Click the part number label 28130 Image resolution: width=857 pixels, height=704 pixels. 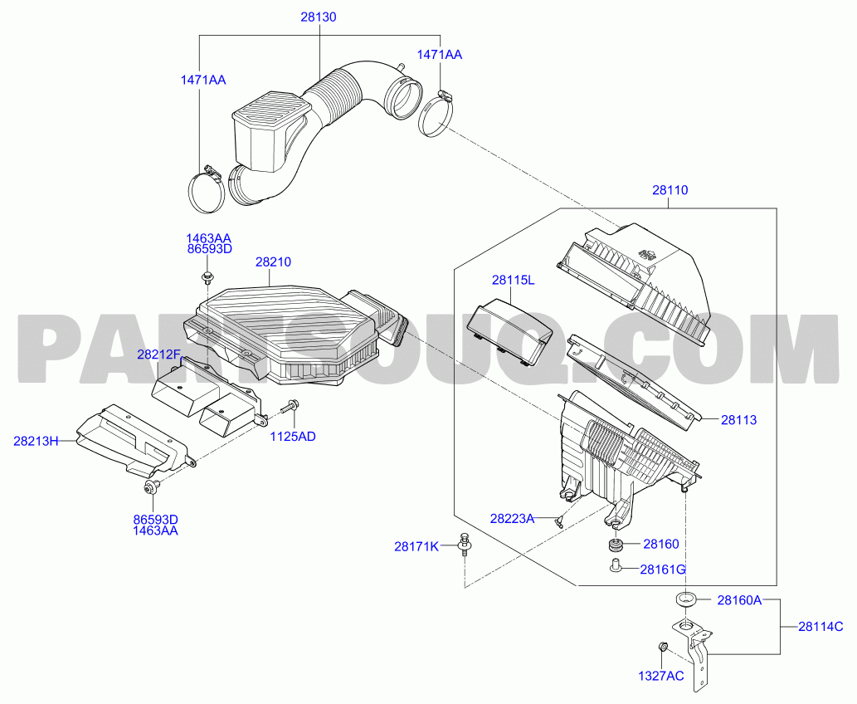[x=318, y=17]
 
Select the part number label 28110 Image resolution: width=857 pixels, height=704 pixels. [x=670, y=190]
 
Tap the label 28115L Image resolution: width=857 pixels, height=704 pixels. [x=513, y=280]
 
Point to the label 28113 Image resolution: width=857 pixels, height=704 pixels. [x=738, y=420]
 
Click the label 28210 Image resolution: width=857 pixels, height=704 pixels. [x=273, y=262]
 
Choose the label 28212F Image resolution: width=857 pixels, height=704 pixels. [x=158, y=354]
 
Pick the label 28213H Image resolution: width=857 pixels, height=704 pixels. [x=36, y=441]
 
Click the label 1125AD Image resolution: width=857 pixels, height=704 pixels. [x=293, y=437]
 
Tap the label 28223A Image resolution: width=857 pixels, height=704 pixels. [x=512, y=519]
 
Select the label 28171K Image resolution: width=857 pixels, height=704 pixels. [x=416, y=546]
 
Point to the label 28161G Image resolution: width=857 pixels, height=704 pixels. [x=662, y=570]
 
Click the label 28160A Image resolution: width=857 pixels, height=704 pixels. [x=739, y=600]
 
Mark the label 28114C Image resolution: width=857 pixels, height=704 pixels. [x=820, y=627]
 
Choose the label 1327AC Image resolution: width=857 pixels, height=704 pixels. [x=660, y=676]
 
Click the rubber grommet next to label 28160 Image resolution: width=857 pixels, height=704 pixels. [x=616, y=545]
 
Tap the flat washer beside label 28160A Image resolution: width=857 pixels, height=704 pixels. [x=685, y=599]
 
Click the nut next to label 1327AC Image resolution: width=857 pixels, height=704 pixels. [x=662, y=648]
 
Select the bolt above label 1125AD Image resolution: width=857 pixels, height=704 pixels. [x=290, y=407]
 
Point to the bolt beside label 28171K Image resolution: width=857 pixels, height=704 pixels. [x=465, y=545]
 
